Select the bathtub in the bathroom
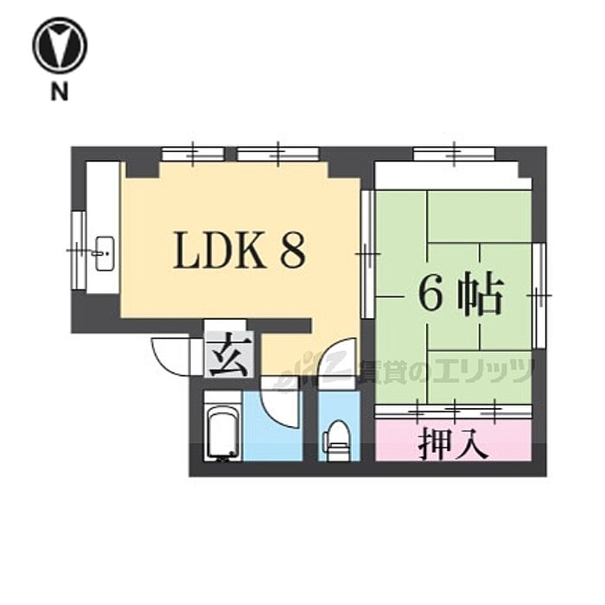[222, 428]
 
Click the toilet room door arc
[335, 366]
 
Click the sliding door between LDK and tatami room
[367, 254]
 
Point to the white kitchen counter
[105, 225]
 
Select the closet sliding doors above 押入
[450, 409]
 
